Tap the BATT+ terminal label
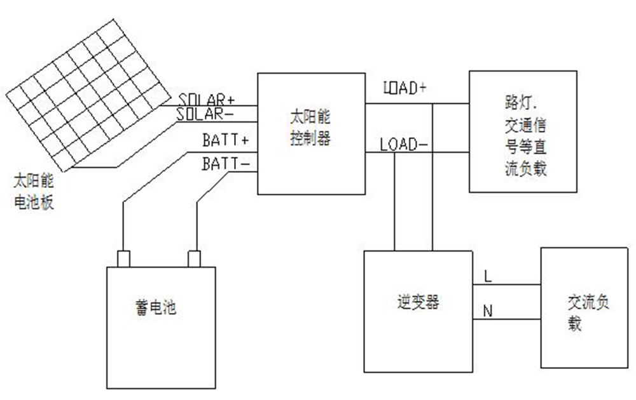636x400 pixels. (x=225, y=139)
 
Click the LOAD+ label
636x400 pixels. (x=404, y=88)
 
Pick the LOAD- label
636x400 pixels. (x=403, y=145)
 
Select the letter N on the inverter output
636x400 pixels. (x=488, y=310)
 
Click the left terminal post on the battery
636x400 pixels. (x=124, y=258)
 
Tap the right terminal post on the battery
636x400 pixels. (x=195, y=258)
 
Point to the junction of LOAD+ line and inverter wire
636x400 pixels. (x=432, y=103)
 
